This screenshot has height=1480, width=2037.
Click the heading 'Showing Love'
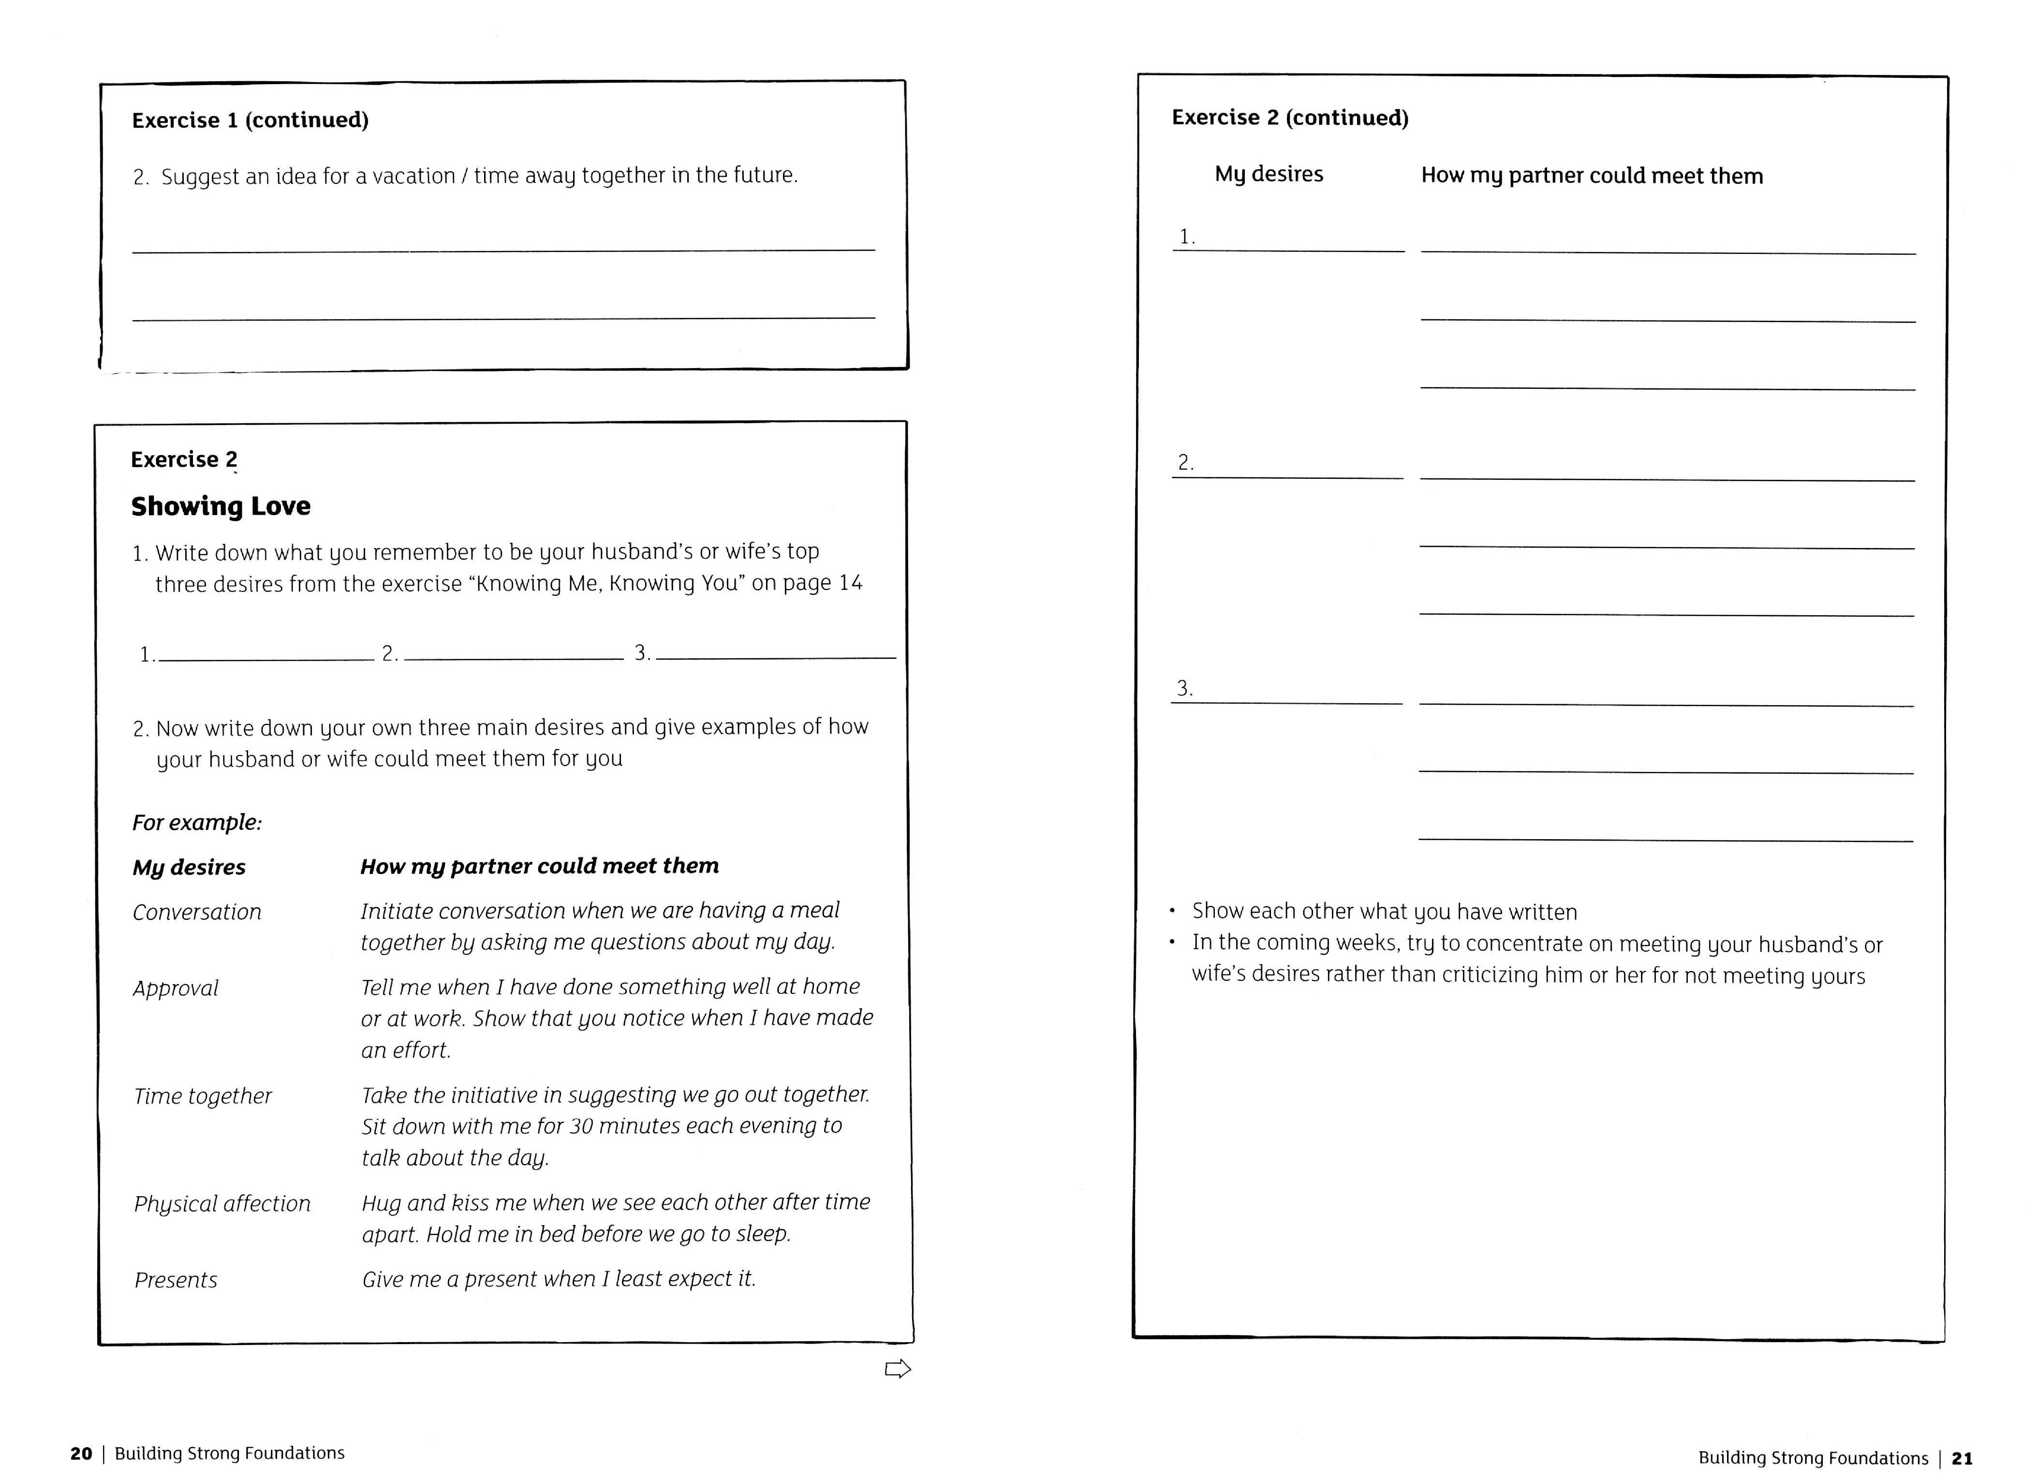coord(221,506)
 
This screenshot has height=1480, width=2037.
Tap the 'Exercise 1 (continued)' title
coord(250,120)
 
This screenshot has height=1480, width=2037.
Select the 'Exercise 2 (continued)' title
coord(1290,118)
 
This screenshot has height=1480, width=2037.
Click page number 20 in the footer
coord(81,1453)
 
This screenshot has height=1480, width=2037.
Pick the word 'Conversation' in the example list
coord(197,913)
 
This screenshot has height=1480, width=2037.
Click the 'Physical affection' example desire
coord(222,1204)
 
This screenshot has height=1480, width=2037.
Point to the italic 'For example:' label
coord(197,823)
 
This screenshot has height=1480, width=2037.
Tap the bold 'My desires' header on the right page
coord(1268,174)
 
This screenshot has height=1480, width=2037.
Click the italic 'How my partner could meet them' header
coord(539,867)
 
